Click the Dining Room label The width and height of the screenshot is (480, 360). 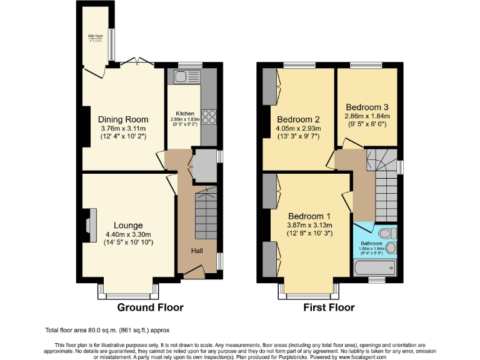pyautogui.click(x=123, y=119)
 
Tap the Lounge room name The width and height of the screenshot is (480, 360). pyautogui.click(x=128, y=225)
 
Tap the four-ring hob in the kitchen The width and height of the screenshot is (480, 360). pyautogui.click(x=209, y=117)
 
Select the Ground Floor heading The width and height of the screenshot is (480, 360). pyautogui.click(x=151, y=307)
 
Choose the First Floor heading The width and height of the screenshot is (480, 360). pyautogui.click(x=329, y=307)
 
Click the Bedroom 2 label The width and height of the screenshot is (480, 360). pyautogui.click(x=299, y=119)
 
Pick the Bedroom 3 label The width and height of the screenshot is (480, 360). pyautogui.click(x=367, y=106)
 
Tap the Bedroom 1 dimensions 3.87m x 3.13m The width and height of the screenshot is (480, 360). pyautogui.click(x=309, y=226)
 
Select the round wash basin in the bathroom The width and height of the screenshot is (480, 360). pyautogui.click(x=391, y=248)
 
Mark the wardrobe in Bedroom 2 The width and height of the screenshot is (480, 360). pyautogui.click(x=270, y=86)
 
